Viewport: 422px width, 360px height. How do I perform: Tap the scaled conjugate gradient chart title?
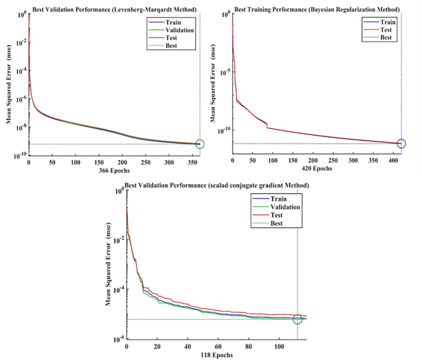[x=216, y=185]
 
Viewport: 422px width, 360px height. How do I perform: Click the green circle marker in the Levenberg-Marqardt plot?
[x=200, y=144]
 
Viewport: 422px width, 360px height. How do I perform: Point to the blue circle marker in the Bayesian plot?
[x=402, y=144]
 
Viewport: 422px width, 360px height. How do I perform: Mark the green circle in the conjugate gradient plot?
[x=297, y=319]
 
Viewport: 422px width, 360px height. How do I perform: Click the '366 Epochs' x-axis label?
[x=114, y=171]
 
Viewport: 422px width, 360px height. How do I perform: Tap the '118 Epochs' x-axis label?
[x=216, y=356]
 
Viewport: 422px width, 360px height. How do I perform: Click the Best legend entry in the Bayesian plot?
[x=386, y=37]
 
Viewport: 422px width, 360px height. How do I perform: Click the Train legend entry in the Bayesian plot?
[x=388, y=22]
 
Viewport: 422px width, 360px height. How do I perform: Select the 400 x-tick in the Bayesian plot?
[x=391, y=162]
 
